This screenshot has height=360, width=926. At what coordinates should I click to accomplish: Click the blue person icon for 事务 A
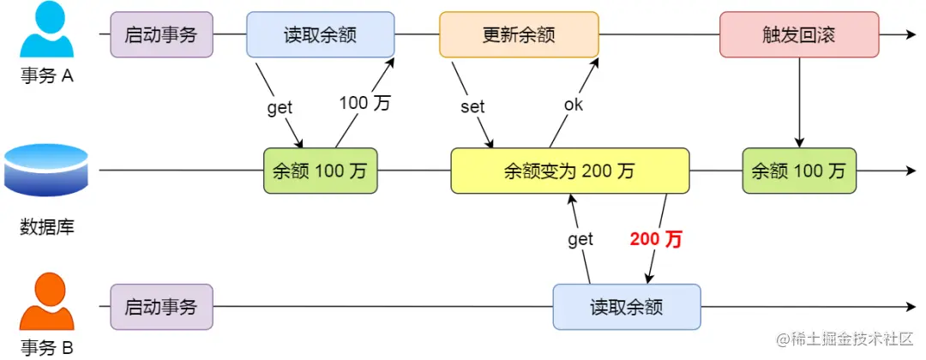(48, 33)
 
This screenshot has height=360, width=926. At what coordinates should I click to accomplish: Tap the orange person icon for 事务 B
(48, 303)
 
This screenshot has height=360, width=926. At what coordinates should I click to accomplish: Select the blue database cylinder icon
(46, 170)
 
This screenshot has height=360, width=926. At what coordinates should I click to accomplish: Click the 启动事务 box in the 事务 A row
(161, 34)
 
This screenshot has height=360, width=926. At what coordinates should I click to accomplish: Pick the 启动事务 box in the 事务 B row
(161, 307)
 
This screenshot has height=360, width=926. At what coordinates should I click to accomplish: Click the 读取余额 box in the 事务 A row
(320, 34)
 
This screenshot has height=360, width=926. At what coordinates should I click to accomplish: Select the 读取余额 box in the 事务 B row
(626, 307)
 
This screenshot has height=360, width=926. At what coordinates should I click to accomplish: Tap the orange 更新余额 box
(519, 34)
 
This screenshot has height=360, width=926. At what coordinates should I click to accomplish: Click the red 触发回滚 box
(798, 34)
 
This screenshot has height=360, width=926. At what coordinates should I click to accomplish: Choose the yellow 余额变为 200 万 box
(570, 171)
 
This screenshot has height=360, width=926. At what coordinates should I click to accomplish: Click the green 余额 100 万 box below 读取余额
(320, 171)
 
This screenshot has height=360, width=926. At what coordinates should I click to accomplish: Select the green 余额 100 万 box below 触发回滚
(798, 171)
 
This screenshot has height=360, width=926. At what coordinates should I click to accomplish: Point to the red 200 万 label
(656, 239)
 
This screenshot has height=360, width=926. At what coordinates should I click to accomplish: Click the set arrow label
(472, 106)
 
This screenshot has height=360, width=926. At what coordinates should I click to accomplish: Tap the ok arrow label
(573, 105)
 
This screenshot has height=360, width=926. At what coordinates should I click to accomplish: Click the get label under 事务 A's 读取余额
(280, 107)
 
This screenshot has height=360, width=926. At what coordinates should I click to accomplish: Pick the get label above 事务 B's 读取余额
(580, 239)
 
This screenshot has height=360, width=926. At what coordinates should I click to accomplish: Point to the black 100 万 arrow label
(364, 103)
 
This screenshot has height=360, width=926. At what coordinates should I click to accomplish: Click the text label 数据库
(46, 227)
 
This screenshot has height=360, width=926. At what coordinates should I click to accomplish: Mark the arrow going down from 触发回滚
(799, 103)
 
